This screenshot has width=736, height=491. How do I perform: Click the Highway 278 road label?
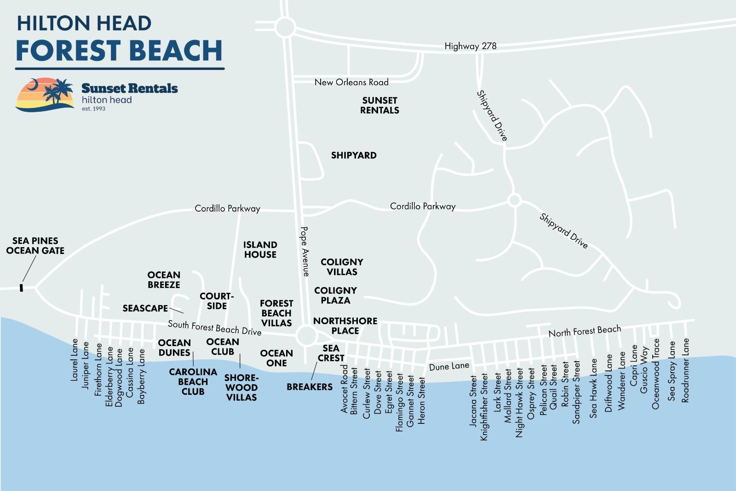tap(470, 46)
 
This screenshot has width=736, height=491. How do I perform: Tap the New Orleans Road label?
tap(351, 82)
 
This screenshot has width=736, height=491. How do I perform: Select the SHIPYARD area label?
tap(354, 156)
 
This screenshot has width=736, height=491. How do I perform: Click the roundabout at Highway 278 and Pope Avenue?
tap(285, 27)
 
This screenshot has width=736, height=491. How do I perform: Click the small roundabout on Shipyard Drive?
tap(514, 200)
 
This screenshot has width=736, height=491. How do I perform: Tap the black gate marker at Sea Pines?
tap(21, 288)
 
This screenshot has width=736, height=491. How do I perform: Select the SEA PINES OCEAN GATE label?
tap(35, 246)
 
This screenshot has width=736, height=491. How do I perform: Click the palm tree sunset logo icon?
tap(45, 94)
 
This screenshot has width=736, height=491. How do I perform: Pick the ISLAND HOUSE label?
tap(260, 249)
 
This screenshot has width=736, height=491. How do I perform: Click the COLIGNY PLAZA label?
tap(335, 295)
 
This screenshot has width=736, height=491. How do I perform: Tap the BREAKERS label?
tap(309, 387)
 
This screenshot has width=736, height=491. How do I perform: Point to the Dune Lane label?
tap(449, 366)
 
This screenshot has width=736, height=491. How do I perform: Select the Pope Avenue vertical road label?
tap(305, 251)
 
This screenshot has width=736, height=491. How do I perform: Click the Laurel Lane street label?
tap(74, 360)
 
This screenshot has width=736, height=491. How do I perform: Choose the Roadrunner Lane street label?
tap(685, 370)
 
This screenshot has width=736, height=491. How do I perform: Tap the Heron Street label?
tap(421, 401)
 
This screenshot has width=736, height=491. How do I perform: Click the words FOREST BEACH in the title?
tap(119, 51)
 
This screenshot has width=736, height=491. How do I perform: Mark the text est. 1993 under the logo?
tap(93, 109)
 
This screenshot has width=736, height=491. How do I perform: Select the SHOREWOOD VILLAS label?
tap(241, 387)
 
